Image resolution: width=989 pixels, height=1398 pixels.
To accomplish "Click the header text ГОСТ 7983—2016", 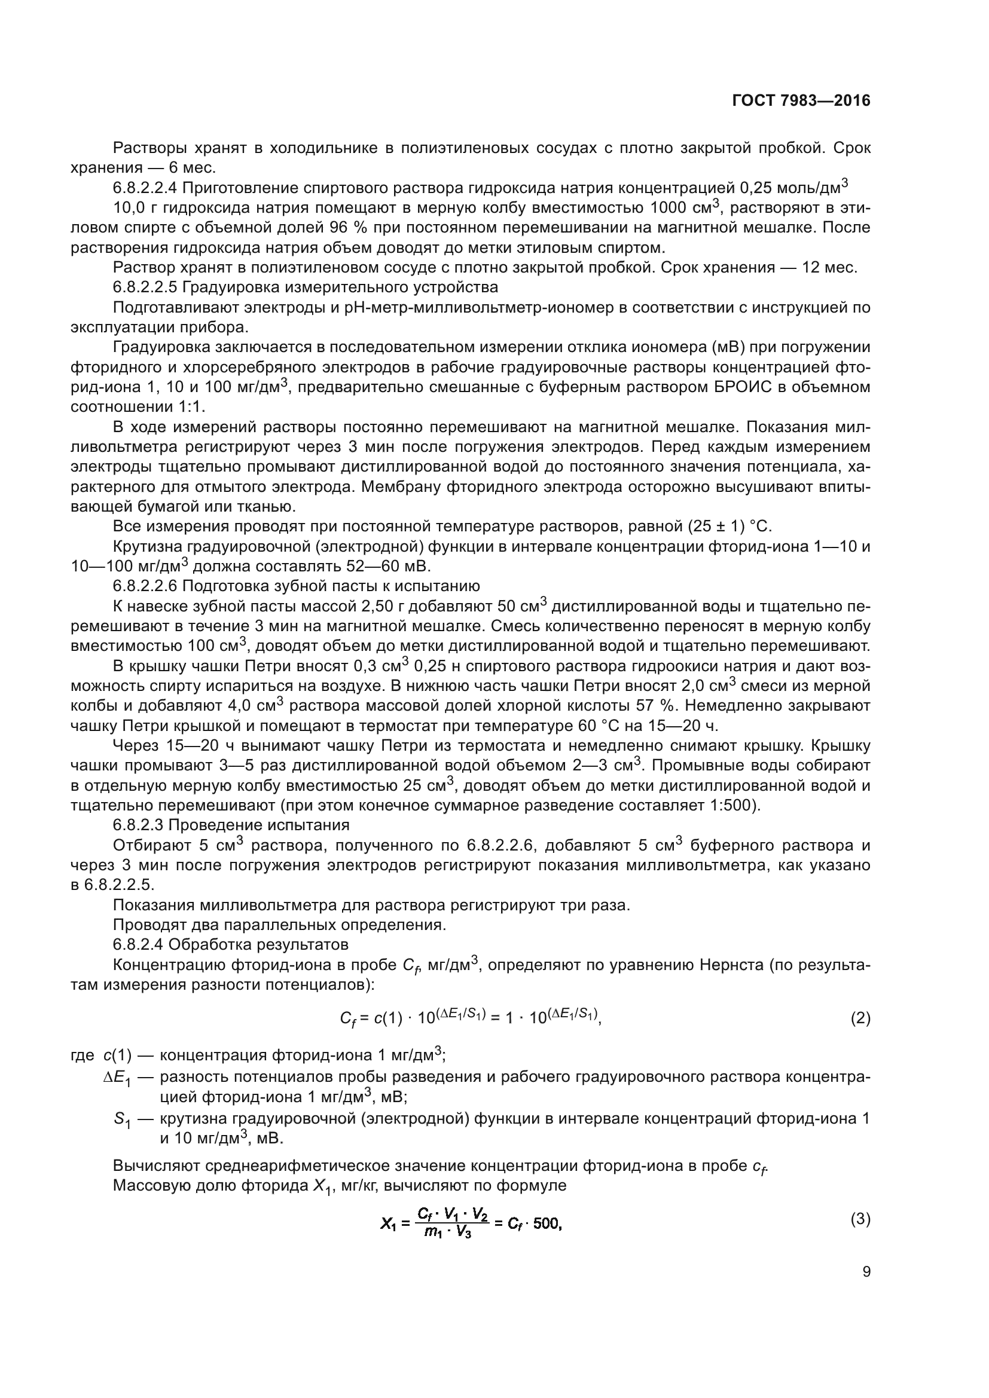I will [801, 101].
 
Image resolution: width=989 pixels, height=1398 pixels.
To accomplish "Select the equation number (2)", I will [860, 1018].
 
